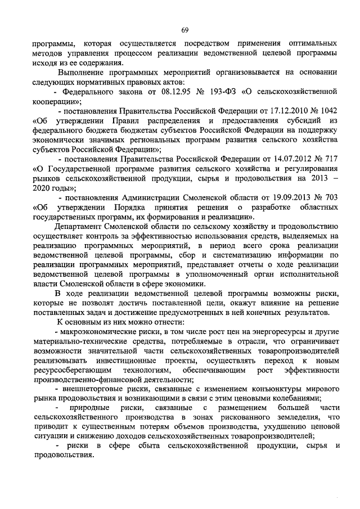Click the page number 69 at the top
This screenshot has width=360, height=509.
pos(184,30)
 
